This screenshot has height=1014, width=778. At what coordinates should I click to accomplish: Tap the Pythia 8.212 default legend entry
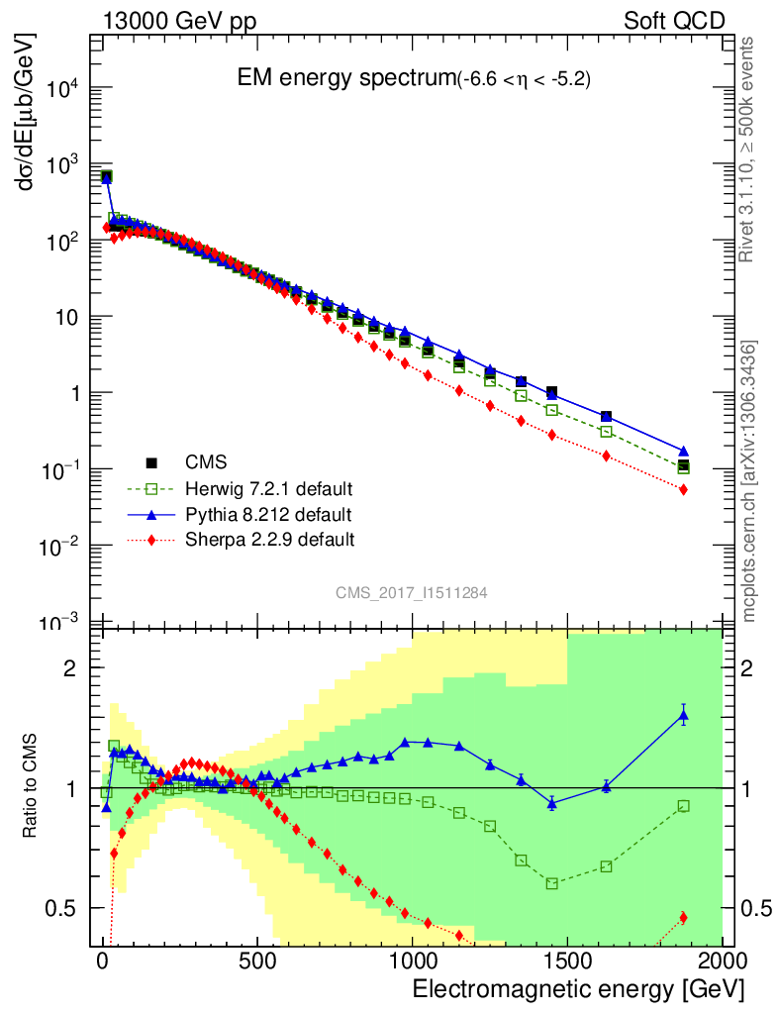[267, 514]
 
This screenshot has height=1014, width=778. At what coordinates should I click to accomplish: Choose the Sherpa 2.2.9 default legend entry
[270, 540]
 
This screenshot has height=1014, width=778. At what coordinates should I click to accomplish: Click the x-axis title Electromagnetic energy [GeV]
[577, 989]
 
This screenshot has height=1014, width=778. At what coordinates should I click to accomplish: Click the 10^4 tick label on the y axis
[60, 88]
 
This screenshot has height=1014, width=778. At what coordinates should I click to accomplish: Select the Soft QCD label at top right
[674, 21]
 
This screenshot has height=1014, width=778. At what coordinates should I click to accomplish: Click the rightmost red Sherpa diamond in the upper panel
[683, 490]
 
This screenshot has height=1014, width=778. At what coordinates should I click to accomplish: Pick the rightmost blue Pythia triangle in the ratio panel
[683, 715]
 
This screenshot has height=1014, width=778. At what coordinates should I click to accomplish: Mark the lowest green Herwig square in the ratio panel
[552, 883]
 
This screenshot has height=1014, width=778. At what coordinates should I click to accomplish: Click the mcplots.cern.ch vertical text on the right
[750, 481]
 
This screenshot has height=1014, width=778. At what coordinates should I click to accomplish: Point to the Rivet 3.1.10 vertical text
[750, 149]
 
